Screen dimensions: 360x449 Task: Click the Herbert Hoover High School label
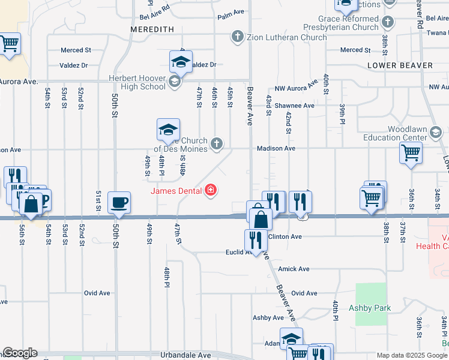137,82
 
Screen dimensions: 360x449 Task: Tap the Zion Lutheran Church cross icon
237,37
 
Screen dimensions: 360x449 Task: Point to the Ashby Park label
370,308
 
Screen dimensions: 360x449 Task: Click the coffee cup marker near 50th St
119,202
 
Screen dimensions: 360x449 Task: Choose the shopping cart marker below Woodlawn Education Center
411,152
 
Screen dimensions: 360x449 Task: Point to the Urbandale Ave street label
185,355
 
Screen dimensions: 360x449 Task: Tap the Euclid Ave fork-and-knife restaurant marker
257,240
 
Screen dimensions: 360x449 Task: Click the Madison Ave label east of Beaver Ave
276,148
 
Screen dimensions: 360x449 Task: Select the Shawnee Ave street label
295,106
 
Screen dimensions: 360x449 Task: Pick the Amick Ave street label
294,269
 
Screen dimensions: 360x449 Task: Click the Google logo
20,353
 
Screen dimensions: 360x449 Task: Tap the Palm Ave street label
231,11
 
